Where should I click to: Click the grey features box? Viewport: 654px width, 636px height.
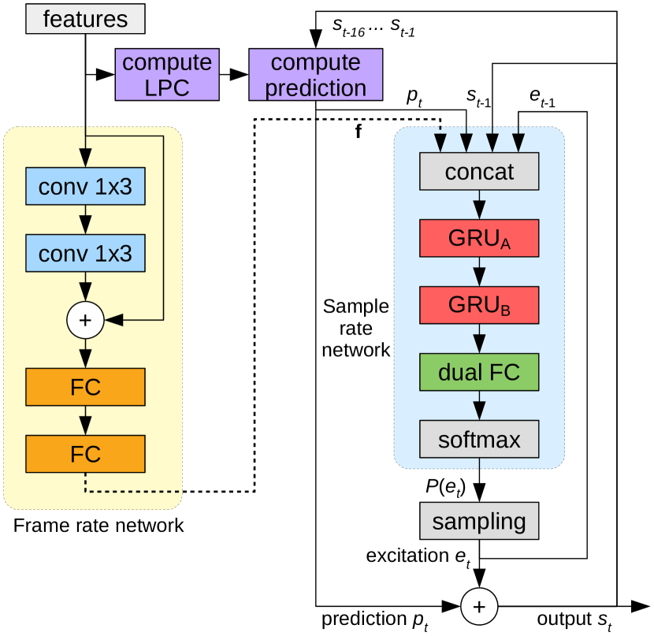85,19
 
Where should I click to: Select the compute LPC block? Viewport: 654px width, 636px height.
167,75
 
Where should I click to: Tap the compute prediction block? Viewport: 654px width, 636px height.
315,75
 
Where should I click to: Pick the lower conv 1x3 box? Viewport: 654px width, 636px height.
86,253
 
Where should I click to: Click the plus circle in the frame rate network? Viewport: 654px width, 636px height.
86,319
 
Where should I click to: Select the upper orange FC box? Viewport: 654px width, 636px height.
86,387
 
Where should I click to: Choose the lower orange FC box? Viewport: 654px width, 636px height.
86,454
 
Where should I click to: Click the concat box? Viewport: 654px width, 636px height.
479,172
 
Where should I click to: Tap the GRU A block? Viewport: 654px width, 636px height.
479,238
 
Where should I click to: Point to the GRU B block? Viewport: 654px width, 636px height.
479,305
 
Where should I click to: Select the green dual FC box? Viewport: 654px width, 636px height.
479,372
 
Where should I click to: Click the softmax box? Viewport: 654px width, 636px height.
479,438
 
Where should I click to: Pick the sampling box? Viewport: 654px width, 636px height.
479,521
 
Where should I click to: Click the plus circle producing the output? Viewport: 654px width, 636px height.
479,606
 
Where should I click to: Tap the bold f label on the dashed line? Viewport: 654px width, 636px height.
359,132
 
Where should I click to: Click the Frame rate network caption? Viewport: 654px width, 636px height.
98,526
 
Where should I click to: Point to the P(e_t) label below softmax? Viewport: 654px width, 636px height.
446,487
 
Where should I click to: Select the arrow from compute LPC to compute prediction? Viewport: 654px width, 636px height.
233,75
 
